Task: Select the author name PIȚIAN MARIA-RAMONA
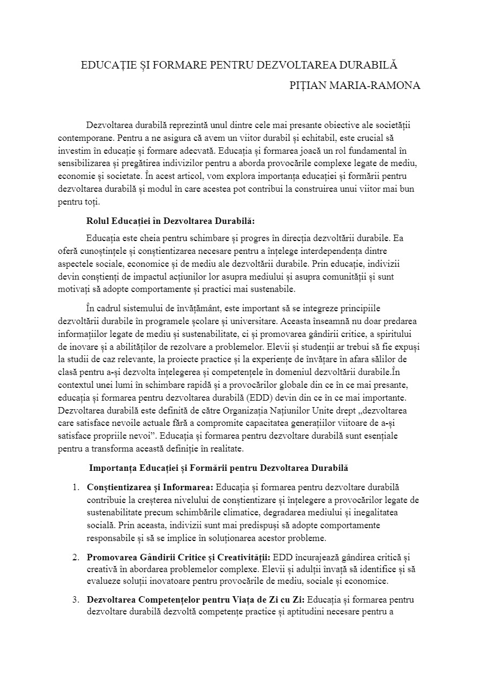pos(354,86)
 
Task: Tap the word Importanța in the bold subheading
pos(112,468)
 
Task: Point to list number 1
pos(75,487)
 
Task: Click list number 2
pos(75,558)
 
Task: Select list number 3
pos(75,599)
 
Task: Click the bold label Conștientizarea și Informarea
pos(150,487)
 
